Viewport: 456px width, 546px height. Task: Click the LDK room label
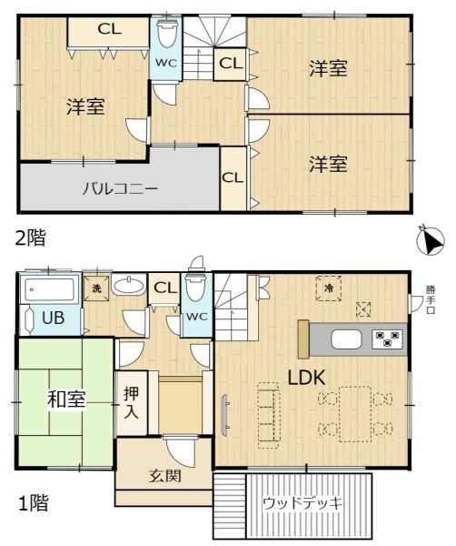point(308,377)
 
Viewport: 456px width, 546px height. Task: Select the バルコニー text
point(120,189)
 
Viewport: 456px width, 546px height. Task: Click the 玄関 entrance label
point(164,476)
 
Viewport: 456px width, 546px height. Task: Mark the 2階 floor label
point(29,238)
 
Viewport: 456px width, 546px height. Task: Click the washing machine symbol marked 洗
point(97,288)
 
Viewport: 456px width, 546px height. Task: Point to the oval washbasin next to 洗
point(133,287)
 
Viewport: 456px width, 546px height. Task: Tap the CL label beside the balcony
point(233,177)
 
